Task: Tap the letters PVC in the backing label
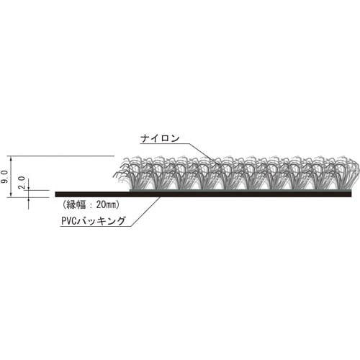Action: [71, 222]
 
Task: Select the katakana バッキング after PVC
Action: [105, 222]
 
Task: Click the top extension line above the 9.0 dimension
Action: [65, 156]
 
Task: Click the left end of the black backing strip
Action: [57, 194]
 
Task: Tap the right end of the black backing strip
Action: [350, 194]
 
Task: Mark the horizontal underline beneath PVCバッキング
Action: [94, 228]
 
